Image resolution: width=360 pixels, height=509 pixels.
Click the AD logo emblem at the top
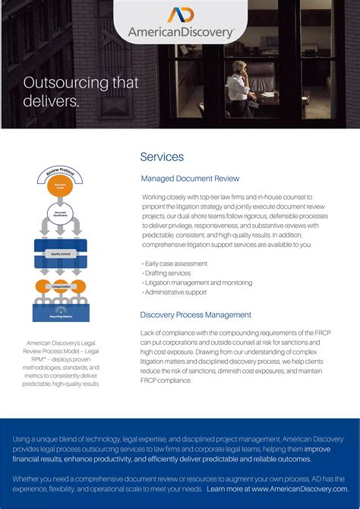point(181,15)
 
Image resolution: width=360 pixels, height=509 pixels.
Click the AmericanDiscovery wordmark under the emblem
point(181,33)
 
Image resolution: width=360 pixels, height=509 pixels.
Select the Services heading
point(162,156)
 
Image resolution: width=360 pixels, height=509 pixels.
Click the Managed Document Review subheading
point(190,179)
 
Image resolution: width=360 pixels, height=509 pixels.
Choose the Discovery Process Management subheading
point(195,315)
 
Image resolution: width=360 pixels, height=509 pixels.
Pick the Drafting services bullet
point(169,273)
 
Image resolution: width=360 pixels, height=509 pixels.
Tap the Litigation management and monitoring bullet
point(197,283)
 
